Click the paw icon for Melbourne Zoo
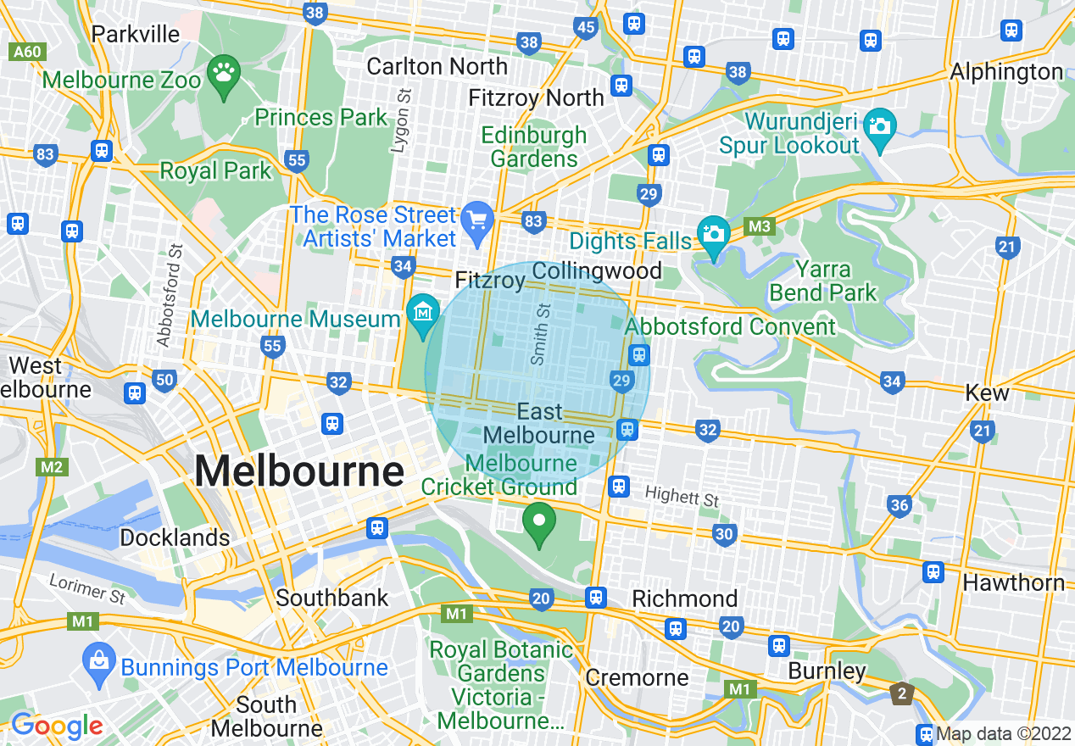pyautogui.click(x=224, y=74)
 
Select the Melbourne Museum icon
pyautogui.click(x=421, y=314)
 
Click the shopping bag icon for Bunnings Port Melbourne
pyautogui.click(x=99, y=660)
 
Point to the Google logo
pyautogui.click(x=56, y=727)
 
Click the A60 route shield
pyautogui.click(x=26, y=52)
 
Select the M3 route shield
pyautogui.click(x=760, y=226)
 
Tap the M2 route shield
pyautogui.click(x=51, y=467)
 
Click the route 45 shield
pyautogui.click(x=586, y=27)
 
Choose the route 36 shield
pyautogui.click(x=900, y=506)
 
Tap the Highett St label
pyautogui.click(x=682, y=496)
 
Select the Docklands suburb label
pyautogui.click(x=175, y=537)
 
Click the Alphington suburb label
pyautogui.click(x=1006, y=72)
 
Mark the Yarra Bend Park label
pyautogui.click(x=823, y=281)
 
